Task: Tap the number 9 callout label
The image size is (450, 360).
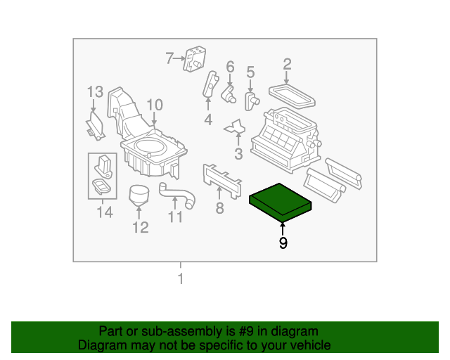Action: [283, 243]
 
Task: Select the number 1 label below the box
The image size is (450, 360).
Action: [180, 279]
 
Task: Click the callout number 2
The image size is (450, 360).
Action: [287, 65]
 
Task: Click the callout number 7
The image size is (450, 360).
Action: [169, 58]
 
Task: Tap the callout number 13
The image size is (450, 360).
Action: [95, 91]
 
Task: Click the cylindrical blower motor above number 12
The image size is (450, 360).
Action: [141, 194]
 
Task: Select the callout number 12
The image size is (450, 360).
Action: [141, 227]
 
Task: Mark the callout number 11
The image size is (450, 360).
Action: [175, 217]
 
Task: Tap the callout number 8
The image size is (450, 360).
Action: [219, 207]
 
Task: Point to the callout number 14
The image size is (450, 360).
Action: [104, 212]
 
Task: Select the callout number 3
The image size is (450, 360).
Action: [238, 154]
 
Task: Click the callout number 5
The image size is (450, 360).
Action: [250, 71]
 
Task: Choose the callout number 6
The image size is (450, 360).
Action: [229, 67]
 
